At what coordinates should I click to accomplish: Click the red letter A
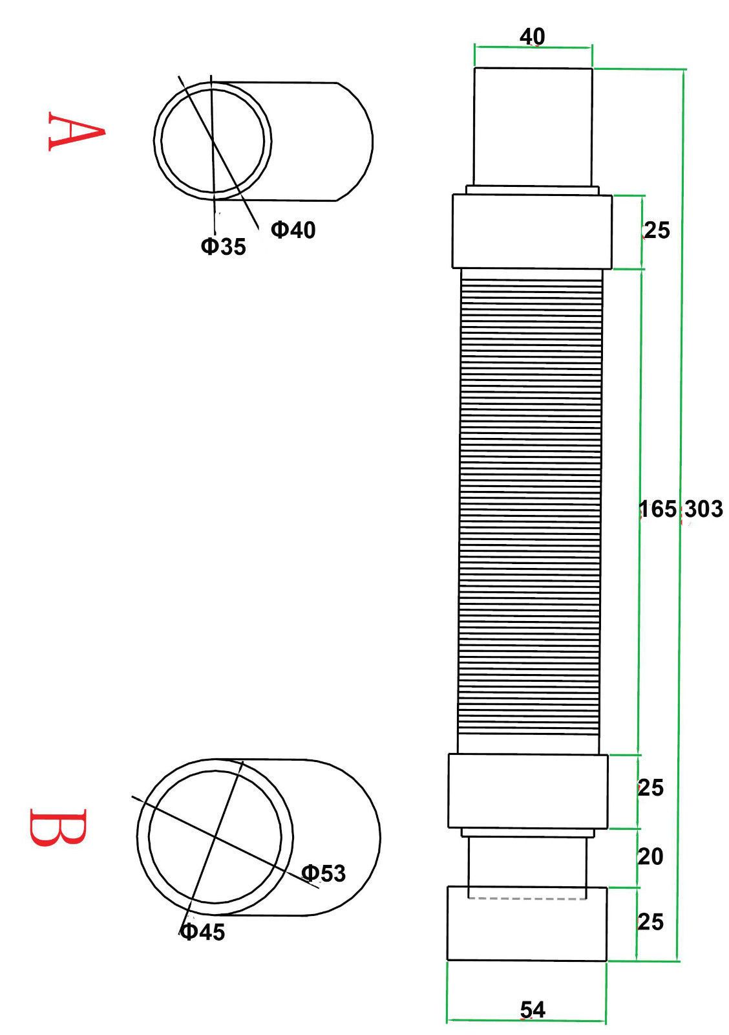pos(76,131)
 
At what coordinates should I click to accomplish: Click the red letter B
pos(58,827)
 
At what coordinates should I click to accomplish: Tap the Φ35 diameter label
pos(223,246)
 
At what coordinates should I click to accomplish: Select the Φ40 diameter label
pos(293,230)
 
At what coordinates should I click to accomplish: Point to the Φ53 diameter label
pos(323,873)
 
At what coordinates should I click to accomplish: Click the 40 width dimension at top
pos(532,36)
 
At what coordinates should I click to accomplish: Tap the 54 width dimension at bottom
pos(533,1010)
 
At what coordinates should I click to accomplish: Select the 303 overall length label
pos(703,509)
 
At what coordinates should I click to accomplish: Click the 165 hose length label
pos(658,509)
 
